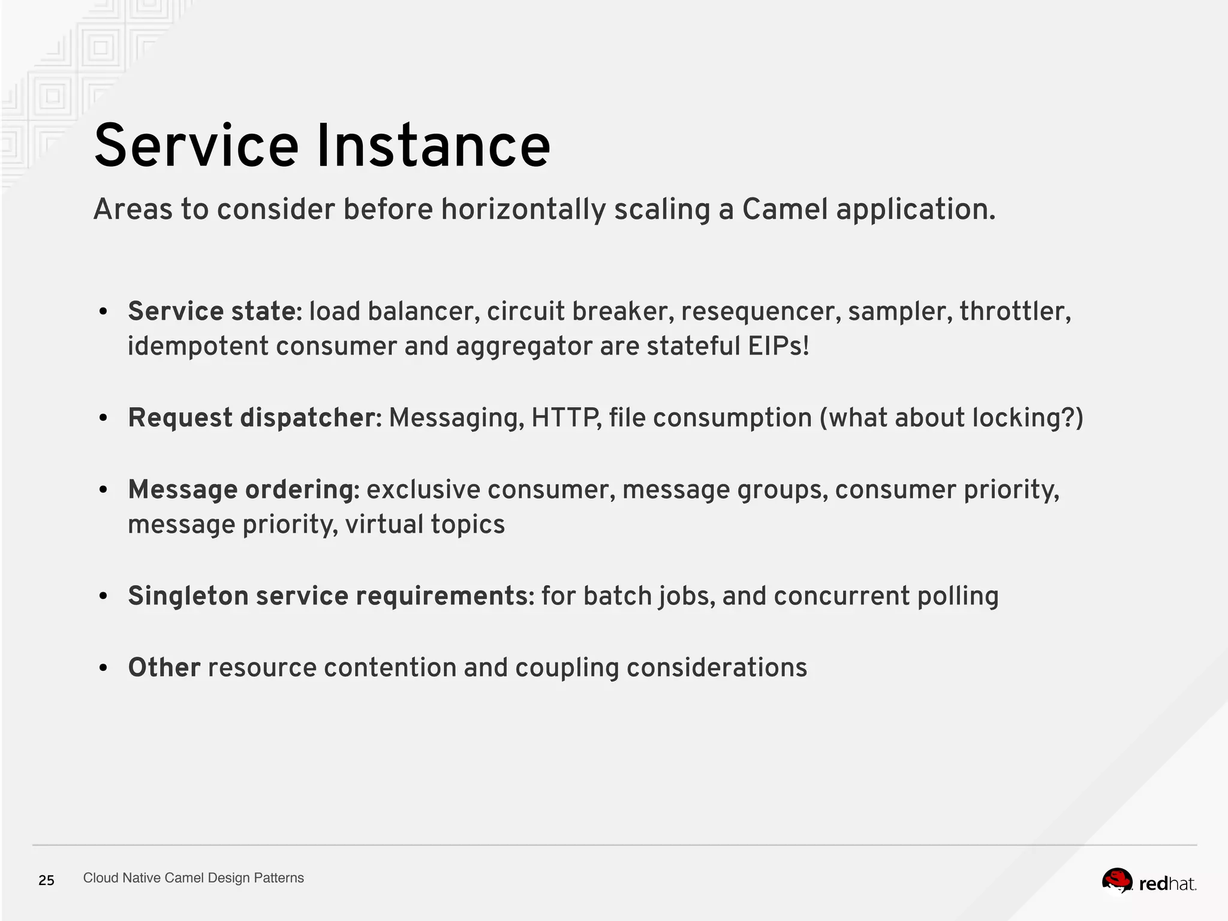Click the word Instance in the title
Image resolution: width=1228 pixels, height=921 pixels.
[432, 146]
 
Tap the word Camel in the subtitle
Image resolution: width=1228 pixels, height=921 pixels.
[785, 209]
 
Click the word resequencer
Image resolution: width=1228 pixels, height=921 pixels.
[760, 311]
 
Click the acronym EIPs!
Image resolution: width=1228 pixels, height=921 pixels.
[778, 346]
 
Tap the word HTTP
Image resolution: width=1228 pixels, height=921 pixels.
[565, 418]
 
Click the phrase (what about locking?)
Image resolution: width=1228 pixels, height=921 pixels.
[952, 418]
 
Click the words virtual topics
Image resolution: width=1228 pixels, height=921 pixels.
[425, 525]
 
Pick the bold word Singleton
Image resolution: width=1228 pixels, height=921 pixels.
[188, 596]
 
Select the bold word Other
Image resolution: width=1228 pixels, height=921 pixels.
[164, 667]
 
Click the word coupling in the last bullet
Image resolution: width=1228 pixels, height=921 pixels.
[567, 669]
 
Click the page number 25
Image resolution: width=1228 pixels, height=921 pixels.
[46, 880]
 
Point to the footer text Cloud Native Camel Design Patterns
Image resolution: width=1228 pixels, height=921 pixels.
[193, 878]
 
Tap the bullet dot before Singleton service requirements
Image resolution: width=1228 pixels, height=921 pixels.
[103, 597]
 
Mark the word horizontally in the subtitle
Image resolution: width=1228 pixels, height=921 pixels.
[523, 209]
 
